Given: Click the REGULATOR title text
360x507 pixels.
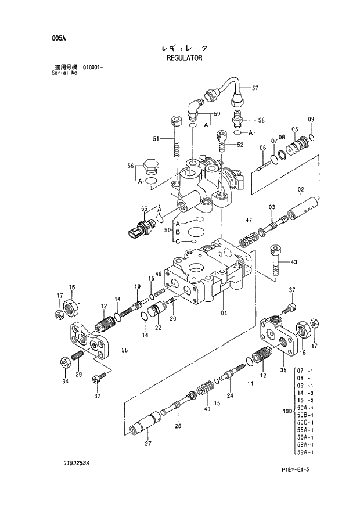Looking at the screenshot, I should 183,58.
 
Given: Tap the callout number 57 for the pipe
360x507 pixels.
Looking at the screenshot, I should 254,88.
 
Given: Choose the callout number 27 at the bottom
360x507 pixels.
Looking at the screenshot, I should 148,444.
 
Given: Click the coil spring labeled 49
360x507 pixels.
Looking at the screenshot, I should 204,388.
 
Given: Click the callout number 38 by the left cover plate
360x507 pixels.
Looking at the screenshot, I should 124,350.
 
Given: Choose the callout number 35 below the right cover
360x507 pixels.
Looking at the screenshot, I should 283,369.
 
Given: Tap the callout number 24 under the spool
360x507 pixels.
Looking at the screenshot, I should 231,395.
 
